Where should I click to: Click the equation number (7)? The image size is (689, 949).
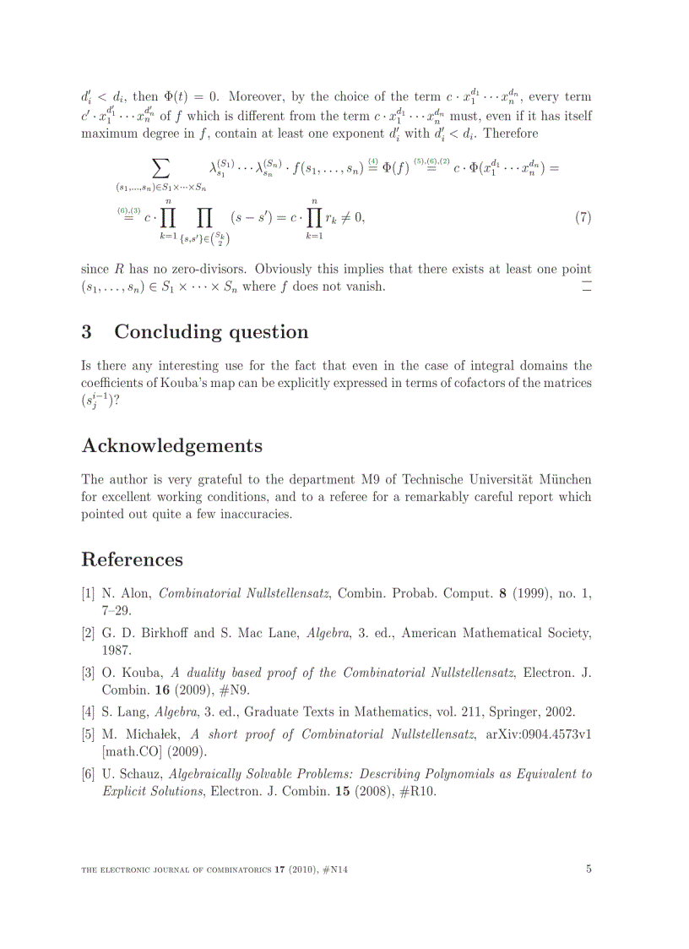583,217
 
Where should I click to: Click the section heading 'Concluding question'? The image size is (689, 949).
211,332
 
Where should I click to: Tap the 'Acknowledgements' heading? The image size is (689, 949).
171,445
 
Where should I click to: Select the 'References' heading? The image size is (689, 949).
132,559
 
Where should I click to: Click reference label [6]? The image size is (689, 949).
88,774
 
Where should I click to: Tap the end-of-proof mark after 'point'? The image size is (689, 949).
587,287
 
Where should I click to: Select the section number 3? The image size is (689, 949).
87,332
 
